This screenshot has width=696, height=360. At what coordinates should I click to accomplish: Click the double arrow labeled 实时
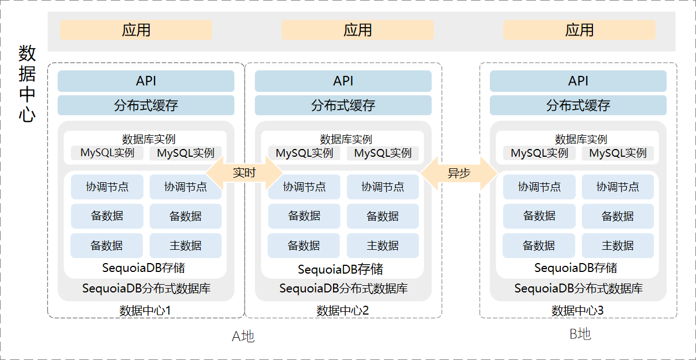pyautogui.click(x=244, y=173)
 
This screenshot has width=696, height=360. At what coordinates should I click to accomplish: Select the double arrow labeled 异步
pyautogui.click(x=459, y=173)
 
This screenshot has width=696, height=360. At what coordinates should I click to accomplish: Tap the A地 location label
pyautogui.click(x=243, y=336)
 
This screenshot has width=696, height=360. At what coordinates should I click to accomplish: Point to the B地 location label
pyautogui.click(x=580, y=334)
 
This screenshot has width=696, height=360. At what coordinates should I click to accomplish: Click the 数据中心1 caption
pyautogui.click(x=145, y=311)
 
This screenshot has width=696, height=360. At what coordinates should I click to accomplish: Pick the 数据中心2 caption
pyautogui.click(x=342, y=311)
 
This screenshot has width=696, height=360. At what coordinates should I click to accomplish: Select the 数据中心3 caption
pyautogui.click(x=577, y=311)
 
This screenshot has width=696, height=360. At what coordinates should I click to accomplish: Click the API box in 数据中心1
pyautogui.click(x=146, y=81)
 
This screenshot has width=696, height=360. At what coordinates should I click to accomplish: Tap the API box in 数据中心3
pyautogui.click(x=578, y=81)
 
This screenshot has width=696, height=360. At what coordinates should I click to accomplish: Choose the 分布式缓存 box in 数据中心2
pyautogui.click(x=343, y=105)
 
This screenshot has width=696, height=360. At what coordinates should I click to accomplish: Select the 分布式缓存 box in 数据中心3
pyautogui.click(x=578, y=105)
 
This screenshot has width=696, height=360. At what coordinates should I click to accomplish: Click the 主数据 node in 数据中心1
pyautogui.click(x=185, y=245)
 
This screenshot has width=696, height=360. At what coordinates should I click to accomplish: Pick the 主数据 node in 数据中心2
pyautogui.click(x=382, y=245)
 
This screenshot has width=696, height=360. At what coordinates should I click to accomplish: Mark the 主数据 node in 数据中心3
pyautogui.click(x=617, y=245)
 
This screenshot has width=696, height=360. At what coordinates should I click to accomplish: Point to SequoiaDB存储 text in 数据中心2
pyautogui.click(x=340, y=270)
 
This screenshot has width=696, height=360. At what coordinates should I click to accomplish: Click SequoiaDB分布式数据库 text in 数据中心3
pyautogui.click(x=578, y=289)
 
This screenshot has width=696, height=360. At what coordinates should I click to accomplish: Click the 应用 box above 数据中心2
pyautogui.click(x=357, y=30)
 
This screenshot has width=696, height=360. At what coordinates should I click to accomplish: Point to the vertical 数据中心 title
pyautogui.click(x=27, y=84)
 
